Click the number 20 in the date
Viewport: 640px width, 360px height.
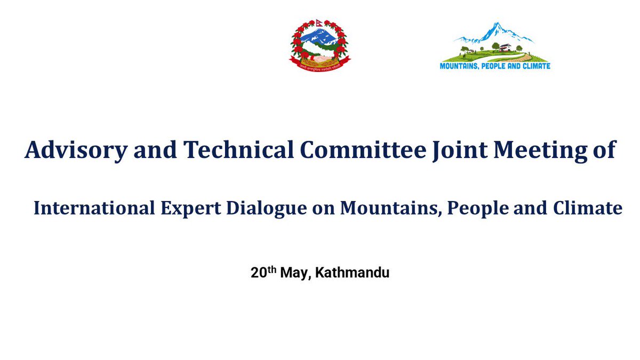[258, 274]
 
